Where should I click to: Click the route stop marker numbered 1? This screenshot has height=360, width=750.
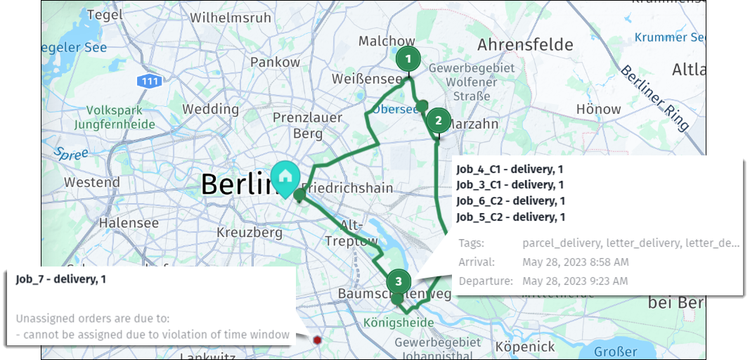pos(408,59)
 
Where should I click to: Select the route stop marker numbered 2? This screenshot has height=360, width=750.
pos(439,120)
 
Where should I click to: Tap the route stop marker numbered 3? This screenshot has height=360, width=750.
pos(399,282)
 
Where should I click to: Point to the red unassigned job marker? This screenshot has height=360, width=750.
pos(318,340)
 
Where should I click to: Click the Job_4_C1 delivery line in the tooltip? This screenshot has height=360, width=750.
pos(510,169)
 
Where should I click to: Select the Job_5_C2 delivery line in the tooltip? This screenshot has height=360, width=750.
pos(510,217)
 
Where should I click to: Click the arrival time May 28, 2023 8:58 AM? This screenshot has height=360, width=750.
pos(575,262)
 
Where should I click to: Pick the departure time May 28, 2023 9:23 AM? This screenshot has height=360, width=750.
pos(575,281)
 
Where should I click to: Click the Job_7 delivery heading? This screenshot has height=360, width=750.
pos(61,279)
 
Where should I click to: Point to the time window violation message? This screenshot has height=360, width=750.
pos(153,335)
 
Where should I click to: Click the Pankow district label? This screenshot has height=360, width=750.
pos(276,63)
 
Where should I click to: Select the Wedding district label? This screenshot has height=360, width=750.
pos(211,109)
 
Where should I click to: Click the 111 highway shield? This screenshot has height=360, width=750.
pos(150,82)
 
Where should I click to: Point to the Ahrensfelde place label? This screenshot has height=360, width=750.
pos(525,46)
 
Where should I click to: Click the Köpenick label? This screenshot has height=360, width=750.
pos(526,347)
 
